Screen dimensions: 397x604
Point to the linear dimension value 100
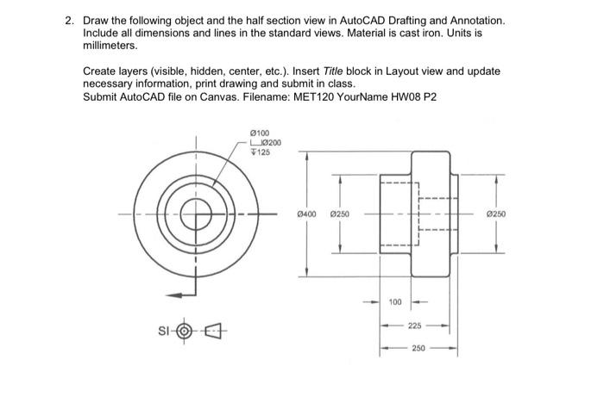point(395,301)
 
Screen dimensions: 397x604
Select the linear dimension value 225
point(415,326)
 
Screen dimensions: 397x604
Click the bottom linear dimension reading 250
point(418,350)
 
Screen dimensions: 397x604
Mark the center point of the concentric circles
point(196,214)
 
